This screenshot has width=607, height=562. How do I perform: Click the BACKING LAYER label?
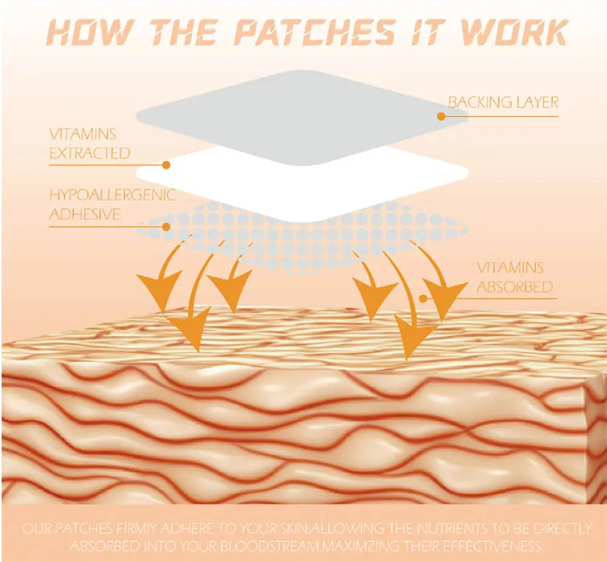click(503, 102)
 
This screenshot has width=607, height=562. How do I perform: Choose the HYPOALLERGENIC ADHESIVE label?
click(112, 205)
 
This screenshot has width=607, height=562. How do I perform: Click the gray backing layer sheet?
click(291, 109)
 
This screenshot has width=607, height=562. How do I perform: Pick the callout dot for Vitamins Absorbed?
click(424, 298)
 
